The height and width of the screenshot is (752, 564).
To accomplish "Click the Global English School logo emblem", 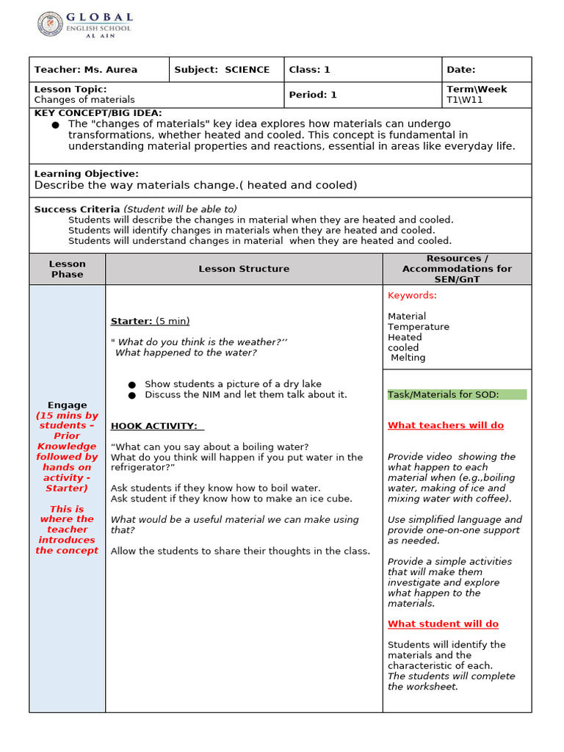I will (50, 25).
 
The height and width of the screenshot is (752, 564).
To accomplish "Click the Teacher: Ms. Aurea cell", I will (85, 70).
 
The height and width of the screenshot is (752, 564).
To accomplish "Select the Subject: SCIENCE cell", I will (222, 70).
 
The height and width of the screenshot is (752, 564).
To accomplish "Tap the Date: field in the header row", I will (461, 70).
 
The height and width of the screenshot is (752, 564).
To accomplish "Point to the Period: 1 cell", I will (313, 95).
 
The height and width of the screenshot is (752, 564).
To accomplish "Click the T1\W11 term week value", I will (465, 100).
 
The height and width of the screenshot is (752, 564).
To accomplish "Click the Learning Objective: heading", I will (86, 173).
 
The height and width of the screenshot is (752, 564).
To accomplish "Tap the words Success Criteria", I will (77, 209).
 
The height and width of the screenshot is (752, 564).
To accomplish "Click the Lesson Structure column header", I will (244, 269).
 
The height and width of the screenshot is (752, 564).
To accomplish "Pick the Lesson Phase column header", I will (68, 269).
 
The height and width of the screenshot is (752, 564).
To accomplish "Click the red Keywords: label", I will (412, 295).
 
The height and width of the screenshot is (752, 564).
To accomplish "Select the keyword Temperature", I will (419, 327).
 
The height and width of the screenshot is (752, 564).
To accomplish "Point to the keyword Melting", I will (408, 358).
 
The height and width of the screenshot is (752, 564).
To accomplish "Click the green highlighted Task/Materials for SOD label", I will (444, 394).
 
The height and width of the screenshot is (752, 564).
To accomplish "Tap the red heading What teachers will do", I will (446, 425).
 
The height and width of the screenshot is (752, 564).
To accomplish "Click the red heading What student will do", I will (443, 623).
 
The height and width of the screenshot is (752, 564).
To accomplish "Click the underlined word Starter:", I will (131, 321).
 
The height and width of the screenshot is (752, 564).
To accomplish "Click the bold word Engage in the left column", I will (68, 405).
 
